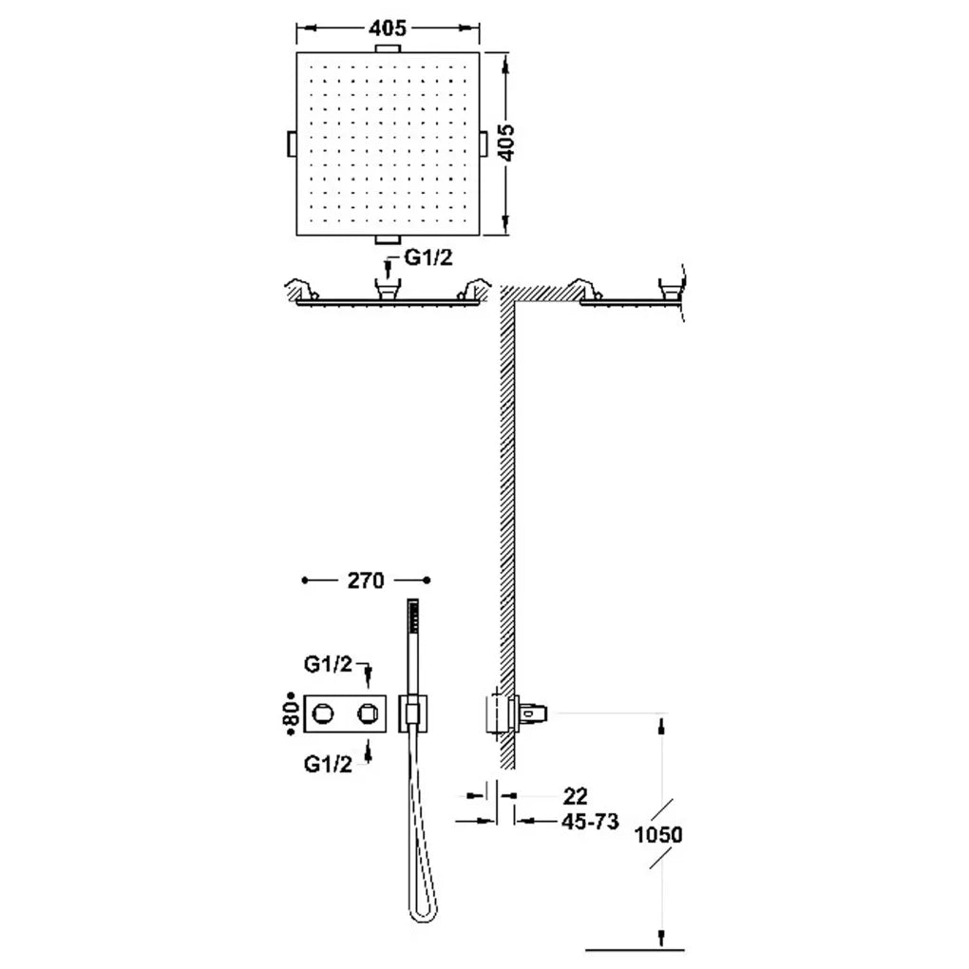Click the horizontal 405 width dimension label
coord(389,28)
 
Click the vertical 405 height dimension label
coord(506,142)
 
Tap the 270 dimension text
coord(366,580)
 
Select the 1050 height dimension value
coord(658,835)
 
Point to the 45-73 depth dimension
coord(590,822)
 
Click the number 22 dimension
coord(575,796)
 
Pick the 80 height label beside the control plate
coord(293,713)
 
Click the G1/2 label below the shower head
coord(428,257)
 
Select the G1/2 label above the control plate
coord(328,664)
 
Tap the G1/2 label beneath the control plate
coord(328,765)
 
